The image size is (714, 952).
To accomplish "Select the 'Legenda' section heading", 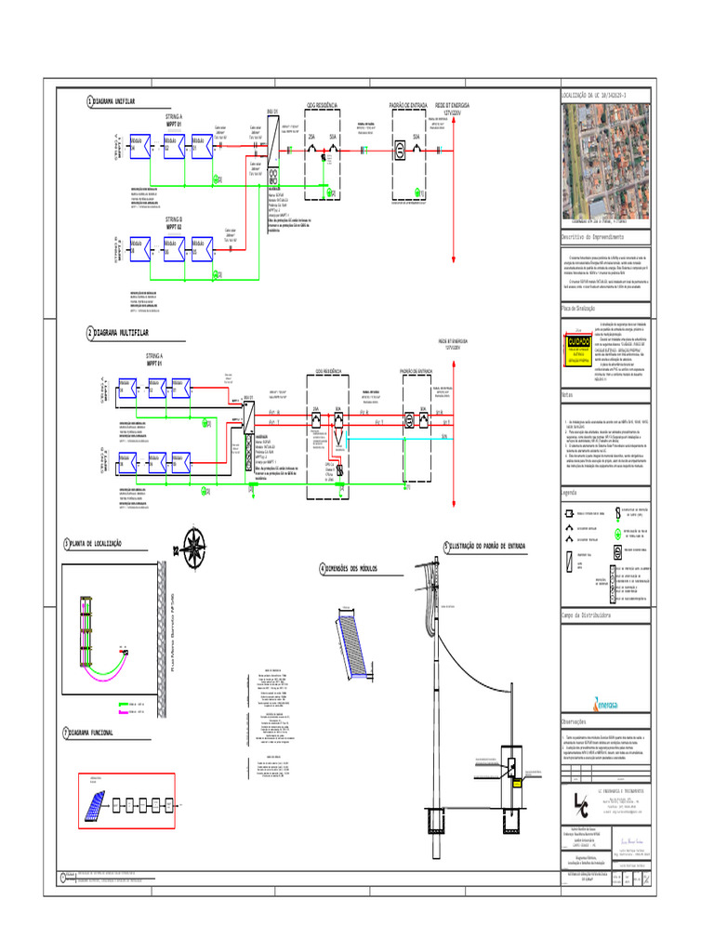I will pyautogui.click(x=570, y=493).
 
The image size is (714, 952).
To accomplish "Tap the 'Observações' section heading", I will pyautogui.click(x=574, y=722).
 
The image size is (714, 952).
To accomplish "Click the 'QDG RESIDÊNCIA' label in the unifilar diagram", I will pyautogui.click(x=321, y=106).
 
